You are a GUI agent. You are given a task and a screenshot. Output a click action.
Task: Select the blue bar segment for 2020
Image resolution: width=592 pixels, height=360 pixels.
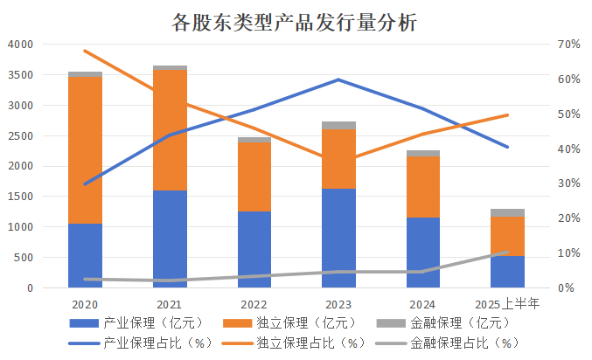(x=85, y=255)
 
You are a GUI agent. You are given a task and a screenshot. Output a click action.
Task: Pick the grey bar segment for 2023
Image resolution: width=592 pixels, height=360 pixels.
(x=339, y=125)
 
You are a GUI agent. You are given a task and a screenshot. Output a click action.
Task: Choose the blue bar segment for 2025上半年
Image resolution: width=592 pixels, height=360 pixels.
(x=508, y=272)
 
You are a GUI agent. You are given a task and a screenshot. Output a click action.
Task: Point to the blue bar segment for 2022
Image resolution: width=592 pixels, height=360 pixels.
(x=254, y=249)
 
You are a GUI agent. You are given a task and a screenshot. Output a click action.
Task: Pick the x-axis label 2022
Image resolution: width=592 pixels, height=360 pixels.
(x=254, y=304)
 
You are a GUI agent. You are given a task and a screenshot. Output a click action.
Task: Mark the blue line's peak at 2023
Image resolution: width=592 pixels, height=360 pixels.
(x=338, y=80)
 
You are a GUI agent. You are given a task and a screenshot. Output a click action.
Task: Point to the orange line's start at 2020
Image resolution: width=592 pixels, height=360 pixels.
(x=85, y=51)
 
